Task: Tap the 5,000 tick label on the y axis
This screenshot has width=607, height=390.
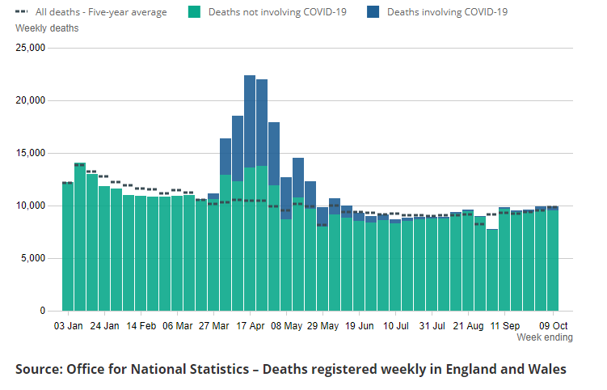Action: click(33, 258)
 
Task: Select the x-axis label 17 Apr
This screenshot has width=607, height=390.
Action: click(251, 326)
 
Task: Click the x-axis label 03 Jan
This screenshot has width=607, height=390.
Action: click(68, 326)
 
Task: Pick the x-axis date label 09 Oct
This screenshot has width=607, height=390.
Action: click(554, 326)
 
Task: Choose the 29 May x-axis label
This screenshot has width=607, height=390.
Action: click(323, 326)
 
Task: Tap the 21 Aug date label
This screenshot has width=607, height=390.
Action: click(469, 326)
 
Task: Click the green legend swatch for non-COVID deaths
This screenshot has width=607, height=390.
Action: click(194, 12)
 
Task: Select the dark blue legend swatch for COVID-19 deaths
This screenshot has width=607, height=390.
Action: click(373, 12)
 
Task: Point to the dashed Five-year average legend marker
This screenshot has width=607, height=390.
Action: click(22, 12)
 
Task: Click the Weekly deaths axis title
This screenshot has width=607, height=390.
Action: click(47, 28)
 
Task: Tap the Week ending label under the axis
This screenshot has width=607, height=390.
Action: click(545, 337)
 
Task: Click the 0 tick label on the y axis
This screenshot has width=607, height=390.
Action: click(42, 311)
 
